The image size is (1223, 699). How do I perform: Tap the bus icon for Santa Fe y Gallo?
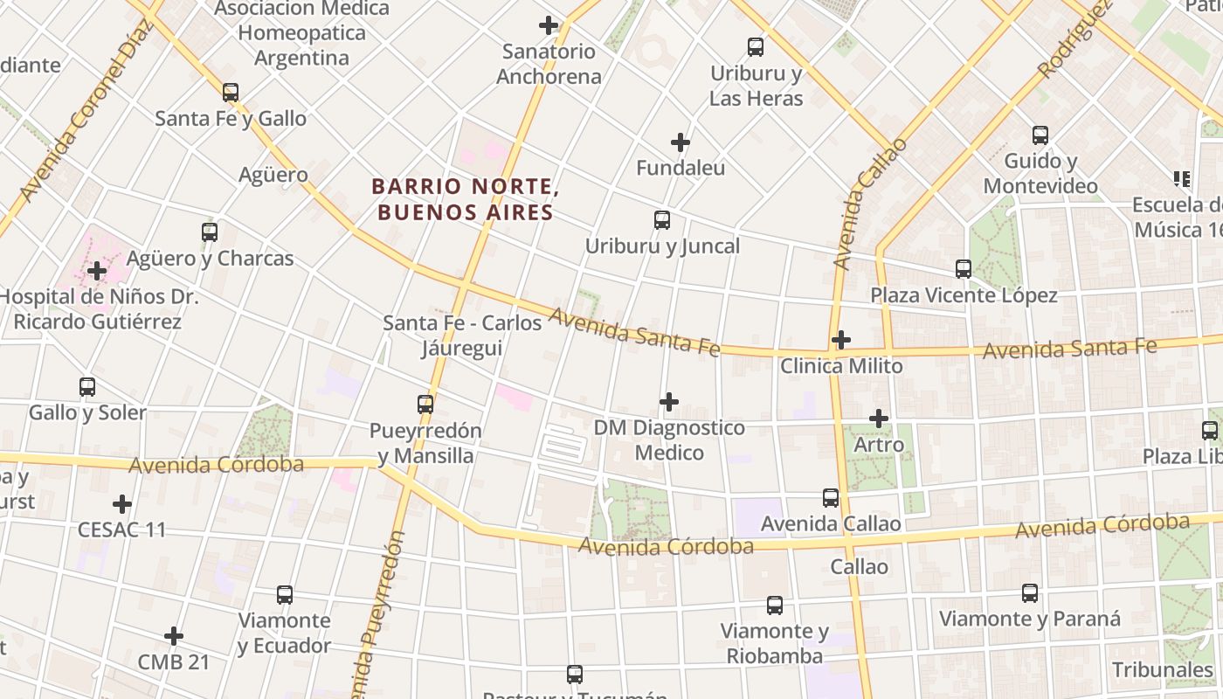click(x=231, y=93)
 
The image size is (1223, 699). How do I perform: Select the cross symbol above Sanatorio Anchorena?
click(x=549, y=25)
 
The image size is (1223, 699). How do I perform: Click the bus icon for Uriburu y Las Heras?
click(x=756, y=47)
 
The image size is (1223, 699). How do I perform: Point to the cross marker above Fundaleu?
click(x=681, y=142)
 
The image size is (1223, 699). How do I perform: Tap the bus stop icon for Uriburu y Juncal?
click(x=662, y=220)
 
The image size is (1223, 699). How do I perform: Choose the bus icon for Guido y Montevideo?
click(x=1040, y=135)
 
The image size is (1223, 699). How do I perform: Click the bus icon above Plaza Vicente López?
click(x=964, y=269)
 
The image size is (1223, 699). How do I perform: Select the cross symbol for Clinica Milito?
click(x=841, y=340)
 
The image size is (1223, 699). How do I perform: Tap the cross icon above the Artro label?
click(x=879, y=419)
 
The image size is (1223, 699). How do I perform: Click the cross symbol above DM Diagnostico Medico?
click(x=669, y=402)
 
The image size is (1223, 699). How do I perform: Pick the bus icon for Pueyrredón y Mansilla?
click(x=425, y=405)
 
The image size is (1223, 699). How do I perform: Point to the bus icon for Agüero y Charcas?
click(x=210, y=232)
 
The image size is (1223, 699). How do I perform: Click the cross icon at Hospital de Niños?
click(x=97, y=271)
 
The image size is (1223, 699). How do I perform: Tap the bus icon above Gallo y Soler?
click(x=87, y=387)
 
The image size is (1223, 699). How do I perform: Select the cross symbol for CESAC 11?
click(x=122, y=504)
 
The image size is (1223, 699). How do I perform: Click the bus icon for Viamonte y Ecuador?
click(x=285, y=595)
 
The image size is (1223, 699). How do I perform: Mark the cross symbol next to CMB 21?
click(x=174, y=636)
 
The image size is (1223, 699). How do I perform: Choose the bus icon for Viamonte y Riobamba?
click(x=775, y=605)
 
